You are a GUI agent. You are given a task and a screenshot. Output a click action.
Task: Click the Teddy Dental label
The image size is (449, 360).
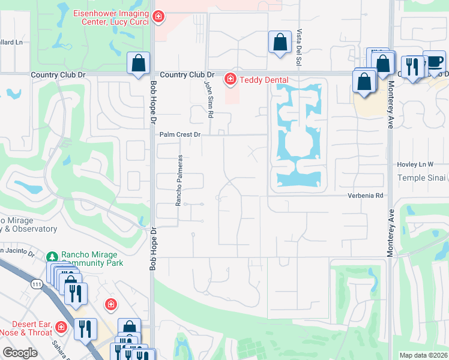264,80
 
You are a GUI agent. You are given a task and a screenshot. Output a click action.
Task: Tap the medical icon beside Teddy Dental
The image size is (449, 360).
230,79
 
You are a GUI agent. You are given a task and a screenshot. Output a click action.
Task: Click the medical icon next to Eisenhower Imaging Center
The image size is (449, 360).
158,17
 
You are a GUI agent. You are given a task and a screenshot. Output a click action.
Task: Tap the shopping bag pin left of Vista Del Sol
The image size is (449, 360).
279,42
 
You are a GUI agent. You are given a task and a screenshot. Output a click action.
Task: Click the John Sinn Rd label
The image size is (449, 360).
209,99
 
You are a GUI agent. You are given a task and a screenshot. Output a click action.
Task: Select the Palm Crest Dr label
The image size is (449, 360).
179,135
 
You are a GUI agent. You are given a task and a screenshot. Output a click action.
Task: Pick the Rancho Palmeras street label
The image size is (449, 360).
178,181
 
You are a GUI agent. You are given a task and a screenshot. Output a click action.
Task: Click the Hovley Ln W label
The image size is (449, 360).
415,164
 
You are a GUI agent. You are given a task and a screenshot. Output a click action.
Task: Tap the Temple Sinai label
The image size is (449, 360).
422,178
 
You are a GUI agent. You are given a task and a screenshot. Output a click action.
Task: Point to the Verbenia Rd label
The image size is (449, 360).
365,196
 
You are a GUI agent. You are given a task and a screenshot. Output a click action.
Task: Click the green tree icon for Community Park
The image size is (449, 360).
53,257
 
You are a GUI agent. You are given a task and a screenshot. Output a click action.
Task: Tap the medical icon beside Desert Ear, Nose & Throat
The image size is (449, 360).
61,327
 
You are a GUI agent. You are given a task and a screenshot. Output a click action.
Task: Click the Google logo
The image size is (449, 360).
20,353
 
